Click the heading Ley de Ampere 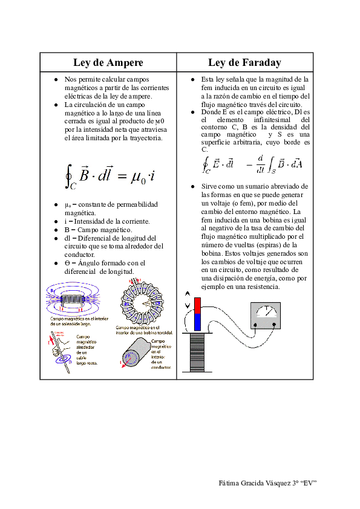(108, 63)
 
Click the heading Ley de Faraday (244, 63)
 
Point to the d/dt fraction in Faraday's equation (260, 163)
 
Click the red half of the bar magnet (197, 305)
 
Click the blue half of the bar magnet (197, 322)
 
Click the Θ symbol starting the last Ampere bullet (67, 263)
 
